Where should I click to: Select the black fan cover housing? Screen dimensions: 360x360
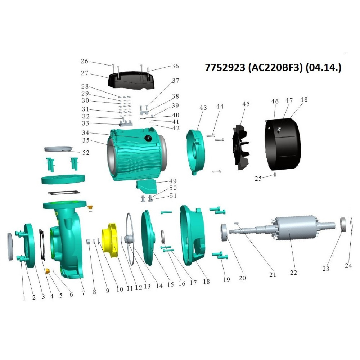tap(283, 145)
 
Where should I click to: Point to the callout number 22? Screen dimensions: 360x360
tap(293, 273)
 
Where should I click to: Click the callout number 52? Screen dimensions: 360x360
tap(86, 153)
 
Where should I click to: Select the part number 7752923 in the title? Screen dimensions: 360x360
tap(225, 68)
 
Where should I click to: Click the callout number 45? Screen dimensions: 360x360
tap(246, 104)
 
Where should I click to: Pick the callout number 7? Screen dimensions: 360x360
tap(83, 293)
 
